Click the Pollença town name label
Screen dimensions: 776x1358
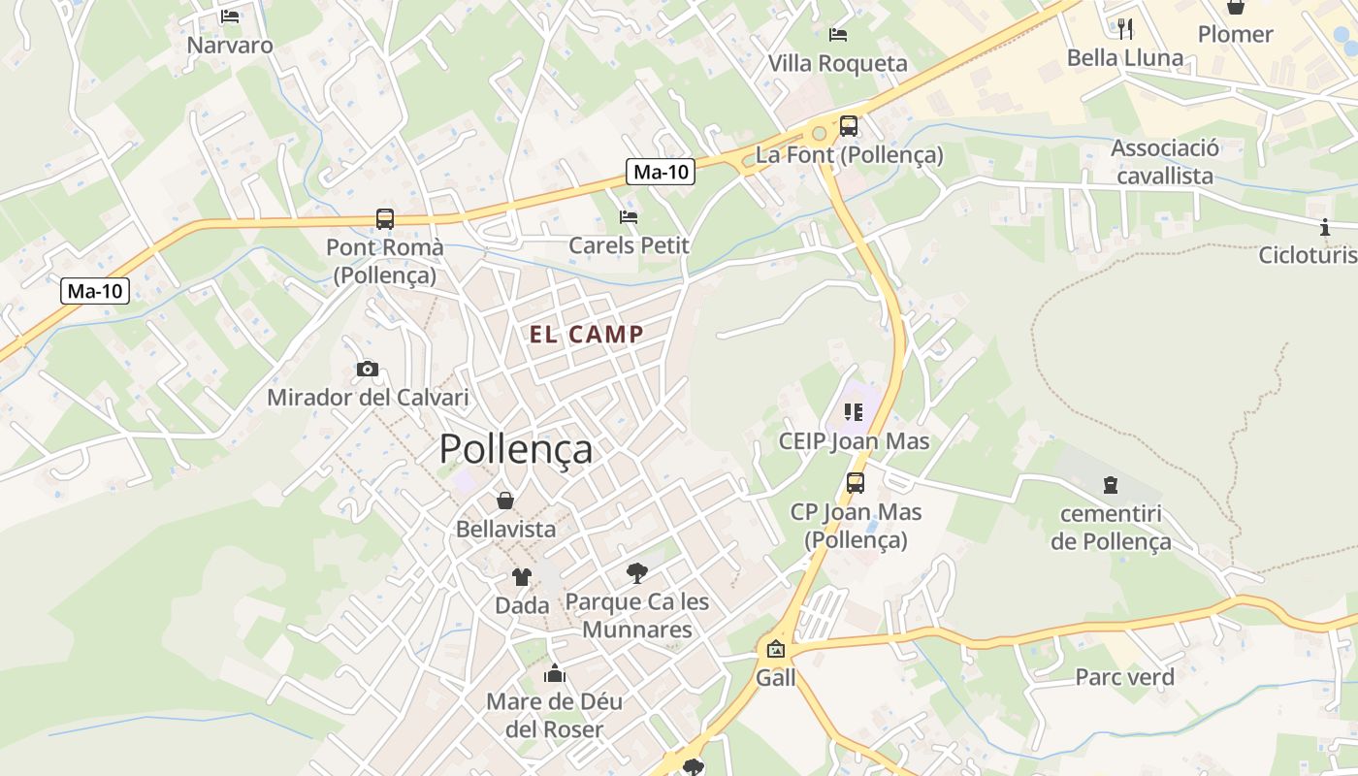[x=515, y=449]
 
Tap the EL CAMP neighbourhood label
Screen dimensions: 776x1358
[x=586, y=335]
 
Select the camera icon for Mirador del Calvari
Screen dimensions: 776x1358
[x=368, y=369]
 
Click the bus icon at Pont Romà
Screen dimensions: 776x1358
[x=385, y=219]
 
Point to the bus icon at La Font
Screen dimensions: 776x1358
[x=849, y=126]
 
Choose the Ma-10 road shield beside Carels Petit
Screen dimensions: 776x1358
[x=661, y=173]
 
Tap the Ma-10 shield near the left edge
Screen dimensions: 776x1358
[x=95, y=290]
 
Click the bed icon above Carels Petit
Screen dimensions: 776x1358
[x=629, y=217]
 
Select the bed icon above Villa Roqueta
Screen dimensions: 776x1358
[x=838, y=35]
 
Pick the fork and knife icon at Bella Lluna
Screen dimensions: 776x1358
[x=1125, y=29]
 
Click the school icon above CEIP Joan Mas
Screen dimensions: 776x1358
[x=854, y=412]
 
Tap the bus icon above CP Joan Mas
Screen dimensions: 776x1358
[x=855, y=483]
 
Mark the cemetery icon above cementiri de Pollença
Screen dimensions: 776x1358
[x=1111, y=485]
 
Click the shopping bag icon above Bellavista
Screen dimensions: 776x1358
[x=505, y=501]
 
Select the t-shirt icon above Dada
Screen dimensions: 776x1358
[x=522, y=577]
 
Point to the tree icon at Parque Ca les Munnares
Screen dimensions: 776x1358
[x=636, y=573]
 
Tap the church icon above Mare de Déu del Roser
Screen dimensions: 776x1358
[x=555, y=672]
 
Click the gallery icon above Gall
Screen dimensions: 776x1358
[x=775, y=649]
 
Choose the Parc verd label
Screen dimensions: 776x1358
[x=1124, y=677]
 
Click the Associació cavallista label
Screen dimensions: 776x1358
[x=1165, y=162]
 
